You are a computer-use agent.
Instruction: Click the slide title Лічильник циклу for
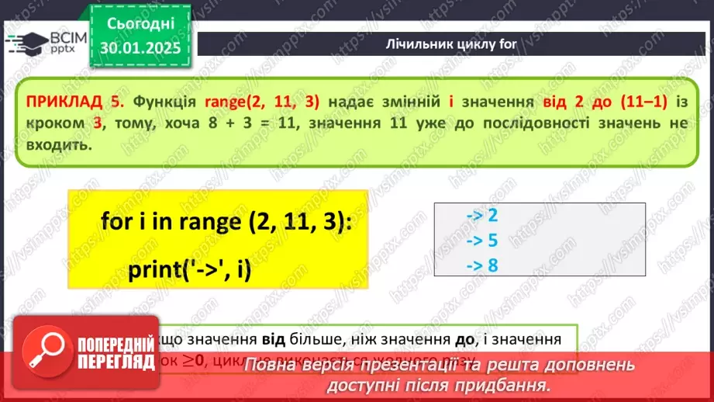[450, 43]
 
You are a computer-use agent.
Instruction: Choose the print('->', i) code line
[191, 271]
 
